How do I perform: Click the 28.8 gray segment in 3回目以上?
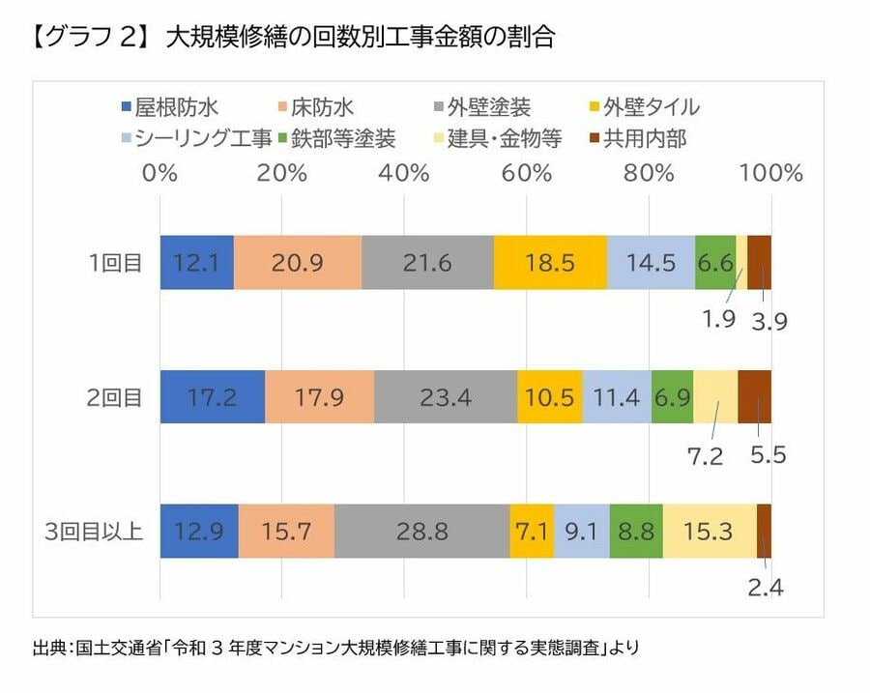point(421,531)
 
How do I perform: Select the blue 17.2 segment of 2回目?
point(212,396)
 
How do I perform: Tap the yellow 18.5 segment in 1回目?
point(550,262)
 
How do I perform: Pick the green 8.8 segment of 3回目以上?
point(636,531)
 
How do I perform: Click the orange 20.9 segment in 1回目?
point(298,262)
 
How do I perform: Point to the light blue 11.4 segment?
point(617,396)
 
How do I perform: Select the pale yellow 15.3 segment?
point(710,531)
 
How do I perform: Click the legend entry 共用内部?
point(637,138)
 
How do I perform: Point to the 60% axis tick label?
point(527,174)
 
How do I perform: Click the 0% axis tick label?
point(159,174)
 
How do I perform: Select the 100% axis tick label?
point(770,174)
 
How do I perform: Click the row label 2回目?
point(115,396)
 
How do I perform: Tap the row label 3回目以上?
point(95,531)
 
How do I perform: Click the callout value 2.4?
point(765,588)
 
